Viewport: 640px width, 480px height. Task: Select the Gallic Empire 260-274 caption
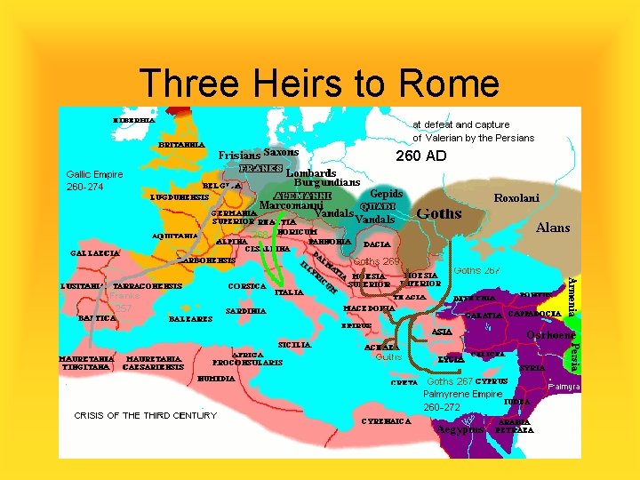coord(95,180)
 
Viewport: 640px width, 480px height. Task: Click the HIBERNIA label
coord(134,118)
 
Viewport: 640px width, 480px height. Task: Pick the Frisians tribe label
coord(240,155)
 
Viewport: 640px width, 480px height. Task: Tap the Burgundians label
coord(327,182)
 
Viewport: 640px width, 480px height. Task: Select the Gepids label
coord(387,194)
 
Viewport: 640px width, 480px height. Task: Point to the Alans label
coord(553,228)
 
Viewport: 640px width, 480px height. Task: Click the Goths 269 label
coord(377,261)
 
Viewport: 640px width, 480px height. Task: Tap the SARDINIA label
coord(246,312)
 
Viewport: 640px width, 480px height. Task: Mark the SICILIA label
coord(294,343)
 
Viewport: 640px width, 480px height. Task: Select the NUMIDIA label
coord(216,379)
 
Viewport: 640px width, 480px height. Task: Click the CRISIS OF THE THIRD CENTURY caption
coord(145,415)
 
